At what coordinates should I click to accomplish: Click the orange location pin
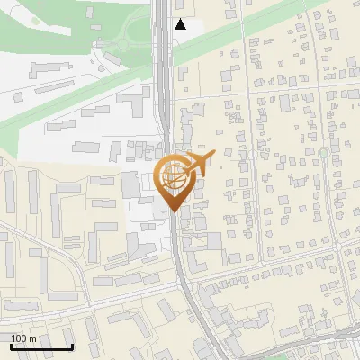pos(175,181)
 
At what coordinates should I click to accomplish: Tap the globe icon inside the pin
pos(174,177)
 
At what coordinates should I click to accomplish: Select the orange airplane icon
pos(199,163)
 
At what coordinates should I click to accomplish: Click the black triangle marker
pos(180,24)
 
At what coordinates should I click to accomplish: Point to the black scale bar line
pos(41,347)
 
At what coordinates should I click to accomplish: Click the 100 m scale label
pos(23,338)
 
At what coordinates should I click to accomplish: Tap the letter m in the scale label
pos(32,338)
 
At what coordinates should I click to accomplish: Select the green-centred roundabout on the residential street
pos(323,153)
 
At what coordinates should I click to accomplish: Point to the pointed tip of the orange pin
pos(175,211)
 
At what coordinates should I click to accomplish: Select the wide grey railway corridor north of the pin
pos(164,90)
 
